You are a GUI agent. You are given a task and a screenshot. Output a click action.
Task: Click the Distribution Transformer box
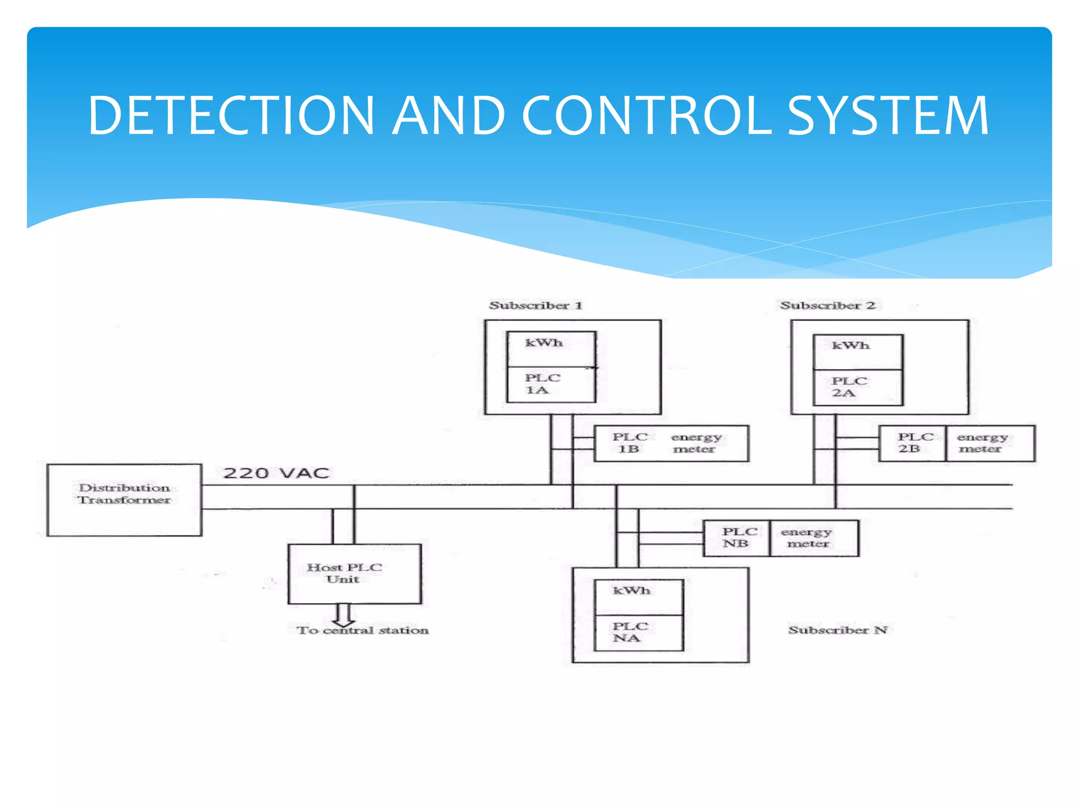124,499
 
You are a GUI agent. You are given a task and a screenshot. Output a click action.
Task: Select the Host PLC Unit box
354,574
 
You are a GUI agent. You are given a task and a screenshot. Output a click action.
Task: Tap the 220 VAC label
276,472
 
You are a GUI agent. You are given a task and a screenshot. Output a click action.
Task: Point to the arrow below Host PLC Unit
343,614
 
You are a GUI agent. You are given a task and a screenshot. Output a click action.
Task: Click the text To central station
362,630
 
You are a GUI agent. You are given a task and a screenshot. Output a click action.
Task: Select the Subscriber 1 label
535,305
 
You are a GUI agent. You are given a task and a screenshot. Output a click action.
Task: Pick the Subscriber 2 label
827,305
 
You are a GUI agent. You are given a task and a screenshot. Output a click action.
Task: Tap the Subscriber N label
837,629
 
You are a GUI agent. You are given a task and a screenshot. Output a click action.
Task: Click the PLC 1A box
551,384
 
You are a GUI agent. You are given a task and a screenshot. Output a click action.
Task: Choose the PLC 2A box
857,387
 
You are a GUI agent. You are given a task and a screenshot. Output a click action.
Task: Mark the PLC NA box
638,632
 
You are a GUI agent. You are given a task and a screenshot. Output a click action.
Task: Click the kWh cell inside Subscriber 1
551,349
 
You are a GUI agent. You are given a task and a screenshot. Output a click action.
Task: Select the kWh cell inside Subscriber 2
857,351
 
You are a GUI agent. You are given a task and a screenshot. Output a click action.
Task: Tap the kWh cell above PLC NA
638,597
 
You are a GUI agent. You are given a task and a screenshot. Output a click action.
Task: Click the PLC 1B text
629,443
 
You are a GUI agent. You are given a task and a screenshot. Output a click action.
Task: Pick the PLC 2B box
912,443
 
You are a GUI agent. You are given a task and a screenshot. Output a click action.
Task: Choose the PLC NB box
736,538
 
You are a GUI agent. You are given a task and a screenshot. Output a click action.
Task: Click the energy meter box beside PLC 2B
990,443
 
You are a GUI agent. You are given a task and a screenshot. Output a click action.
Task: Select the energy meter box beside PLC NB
814,538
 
